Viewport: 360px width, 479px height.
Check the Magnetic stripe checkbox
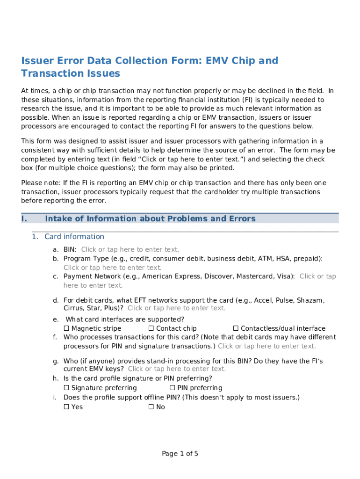coord(66,328)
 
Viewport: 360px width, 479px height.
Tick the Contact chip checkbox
coord(151,328)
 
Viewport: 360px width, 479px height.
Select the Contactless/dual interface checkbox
coord(236,328)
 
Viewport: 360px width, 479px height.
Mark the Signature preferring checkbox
coord(66,388)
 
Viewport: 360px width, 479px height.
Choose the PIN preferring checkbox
coord(172,388)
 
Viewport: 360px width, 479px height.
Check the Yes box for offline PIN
coord(66,407)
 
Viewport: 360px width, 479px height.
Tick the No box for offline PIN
coord(151,407)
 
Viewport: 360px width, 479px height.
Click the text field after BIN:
coord(130,250)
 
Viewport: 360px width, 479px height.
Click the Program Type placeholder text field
coord(112,268)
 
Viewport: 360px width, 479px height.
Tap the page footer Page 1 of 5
coord(180,454)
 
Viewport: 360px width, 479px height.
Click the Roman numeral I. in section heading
coord(24,219)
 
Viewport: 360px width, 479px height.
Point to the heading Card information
coord(74,237)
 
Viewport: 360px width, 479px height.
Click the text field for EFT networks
coord(176,308)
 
